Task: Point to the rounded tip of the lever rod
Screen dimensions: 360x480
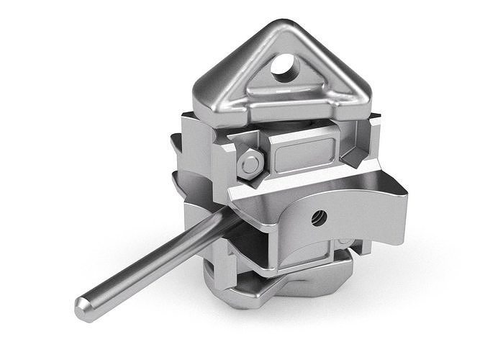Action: [x=86, y=308]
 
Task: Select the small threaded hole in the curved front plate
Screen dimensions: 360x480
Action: [x=319, y=216]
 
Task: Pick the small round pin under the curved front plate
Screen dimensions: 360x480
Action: [x=345, y=240]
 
